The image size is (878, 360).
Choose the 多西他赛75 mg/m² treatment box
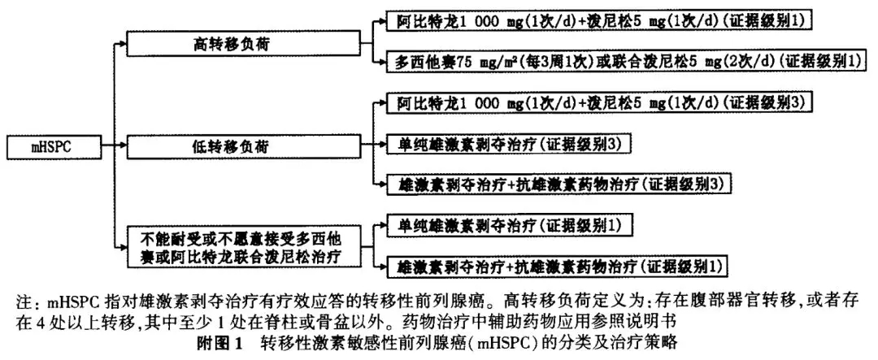pos(627,60)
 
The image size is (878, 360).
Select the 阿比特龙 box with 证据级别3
pos(598,103)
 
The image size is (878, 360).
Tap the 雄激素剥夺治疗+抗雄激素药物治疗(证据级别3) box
pos(557,184)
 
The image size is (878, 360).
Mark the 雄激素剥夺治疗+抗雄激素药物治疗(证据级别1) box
pos(557,265)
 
